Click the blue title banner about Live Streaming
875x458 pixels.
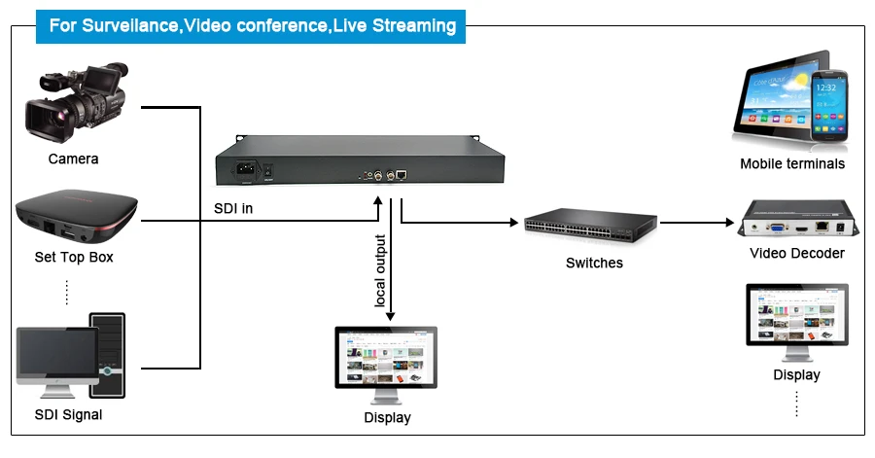tap(251, 26)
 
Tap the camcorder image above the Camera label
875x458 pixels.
tap(77, 102)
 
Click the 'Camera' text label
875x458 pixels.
tap(73, 159)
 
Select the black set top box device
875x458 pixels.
tap(77, 217)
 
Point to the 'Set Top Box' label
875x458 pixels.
tap(74, 257)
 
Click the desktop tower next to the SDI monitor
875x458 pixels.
tap(108, 355)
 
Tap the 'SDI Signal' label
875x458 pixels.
tap(68, 415)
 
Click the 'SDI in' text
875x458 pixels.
tap(233, 209)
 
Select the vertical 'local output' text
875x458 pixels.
tap(380, 270)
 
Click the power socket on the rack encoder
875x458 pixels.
tap(246, 169)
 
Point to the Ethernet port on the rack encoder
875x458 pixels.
tap(402, 175)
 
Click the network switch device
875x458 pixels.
tap(590, 226)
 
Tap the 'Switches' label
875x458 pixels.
tap(594, 263)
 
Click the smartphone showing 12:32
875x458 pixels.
tap(829, 106)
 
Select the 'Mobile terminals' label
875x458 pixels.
tap(792, 164)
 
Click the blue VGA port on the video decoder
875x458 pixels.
tap(776, 228)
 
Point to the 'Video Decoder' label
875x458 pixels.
tap(797, 253)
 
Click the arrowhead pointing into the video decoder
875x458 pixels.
tap(730, 223)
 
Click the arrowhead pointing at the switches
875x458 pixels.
tap(514, 223)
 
